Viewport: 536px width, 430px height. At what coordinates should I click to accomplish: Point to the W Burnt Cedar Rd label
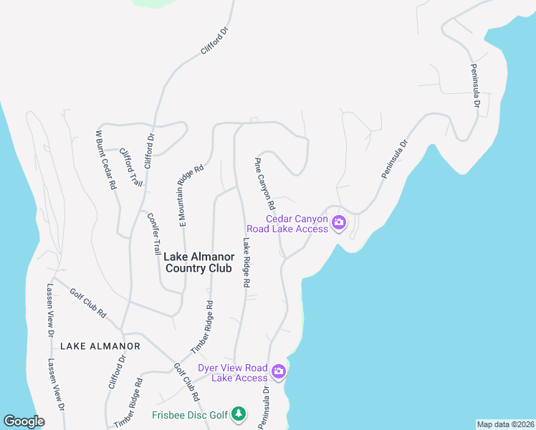[106, 159]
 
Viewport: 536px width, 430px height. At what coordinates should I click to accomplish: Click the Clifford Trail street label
[131, 167]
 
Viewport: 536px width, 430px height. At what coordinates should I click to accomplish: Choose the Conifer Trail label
[155, 234]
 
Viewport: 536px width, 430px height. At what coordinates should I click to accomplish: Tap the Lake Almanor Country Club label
[198, 262]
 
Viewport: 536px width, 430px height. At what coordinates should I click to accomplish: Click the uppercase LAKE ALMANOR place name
[100, 346]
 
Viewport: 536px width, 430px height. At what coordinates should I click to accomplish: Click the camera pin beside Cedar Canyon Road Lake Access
[340, 223]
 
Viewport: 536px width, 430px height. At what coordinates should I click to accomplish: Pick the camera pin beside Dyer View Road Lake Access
[279, 372]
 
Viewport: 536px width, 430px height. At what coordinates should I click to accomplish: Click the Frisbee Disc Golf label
[189, 415]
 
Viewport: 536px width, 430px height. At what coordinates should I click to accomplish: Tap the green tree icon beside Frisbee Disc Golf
[239, 414]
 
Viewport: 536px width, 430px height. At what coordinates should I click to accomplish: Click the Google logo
[24, 421]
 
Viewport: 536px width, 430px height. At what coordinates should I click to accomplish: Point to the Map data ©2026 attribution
[505, 424]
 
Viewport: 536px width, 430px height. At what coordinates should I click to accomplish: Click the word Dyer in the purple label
[209, 368]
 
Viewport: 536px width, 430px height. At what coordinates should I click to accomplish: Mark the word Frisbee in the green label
[169, 415]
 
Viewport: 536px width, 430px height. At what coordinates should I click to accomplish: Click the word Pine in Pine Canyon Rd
[259, 165]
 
